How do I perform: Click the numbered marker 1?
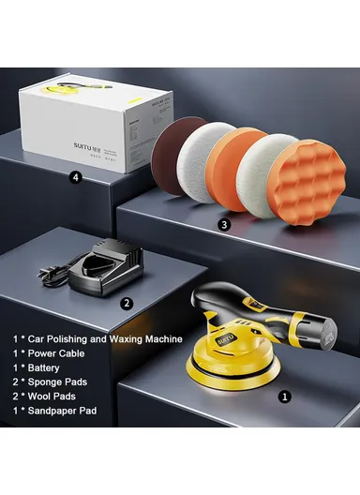(286, 397)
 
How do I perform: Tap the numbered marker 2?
(127, 303)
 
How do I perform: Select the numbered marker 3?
(223, 225)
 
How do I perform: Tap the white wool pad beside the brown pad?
(203, 160)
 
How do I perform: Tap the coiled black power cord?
(49, 276)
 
